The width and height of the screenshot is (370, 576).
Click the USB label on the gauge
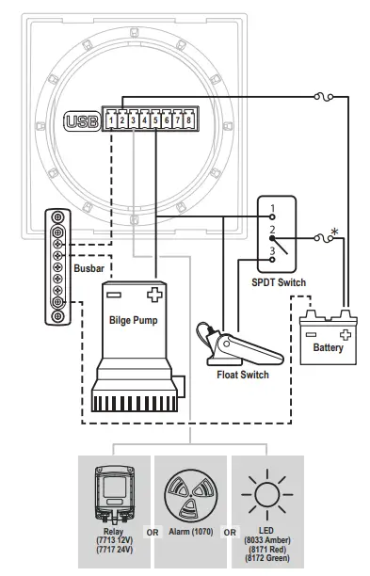(81, 120)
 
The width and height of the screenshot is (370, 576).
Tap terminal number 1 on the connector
(111, 120)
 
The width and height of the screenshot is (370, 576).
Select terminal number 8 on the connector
(189, 120)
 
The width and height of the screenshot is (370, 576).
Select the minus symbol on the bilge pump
(115, 296)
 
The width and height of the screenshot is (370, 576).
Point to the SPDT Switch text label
(278, 283)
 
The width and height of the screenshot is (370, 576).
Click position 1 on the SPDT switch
(272, 208)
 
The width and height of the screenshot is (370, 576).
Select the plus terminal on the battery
(345, 332)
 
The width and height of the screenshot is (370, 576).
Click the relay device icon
(112, 495)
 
